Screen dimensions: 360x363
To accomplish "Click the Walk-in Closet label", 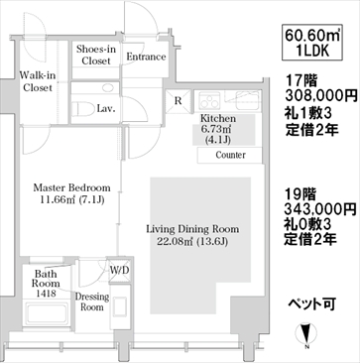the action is click(x=38, y=81).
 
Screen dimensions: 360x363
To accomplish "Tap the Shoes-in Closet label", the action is click(x=96, y=56).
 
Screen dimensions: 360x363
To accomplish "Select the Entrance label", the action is click(x=146, y=57).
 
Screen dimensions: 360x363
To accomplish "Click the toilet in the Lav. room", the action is click(x=82, y=109).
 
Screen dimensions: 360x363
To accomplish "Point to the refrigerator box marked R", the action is click(x=179, y=101).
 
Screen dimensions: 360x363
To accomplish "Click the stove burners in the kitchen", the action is click(x=210, y=101).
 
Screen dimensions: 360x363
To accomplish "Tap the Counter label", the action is click(x=230, y=155).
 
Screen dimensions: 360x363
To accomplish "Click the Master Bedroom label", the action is click(x=71, y=188).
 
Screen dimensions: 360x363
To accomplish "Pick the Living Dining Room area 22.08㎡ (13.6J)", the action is click(x=192, y=242).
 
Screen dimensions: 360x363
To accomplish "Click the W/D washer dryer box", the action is click(x=120, y=270).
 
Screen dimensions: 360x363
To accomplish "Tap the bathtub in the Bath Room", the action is click(x=47, y=312).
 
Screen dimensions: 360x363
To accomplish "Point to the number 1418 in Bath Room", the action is click(x=46, y=293).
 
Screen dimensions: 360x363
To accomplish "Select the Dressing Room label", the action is click(x=92, y=302).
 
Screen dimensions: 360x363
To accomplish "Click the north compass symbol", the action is click(x=307, y=333).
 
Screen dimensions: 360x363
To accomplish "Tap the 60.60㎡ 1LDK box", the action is click(x=312, y=42).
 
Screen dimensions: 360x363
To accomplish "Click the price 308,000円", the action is click(x=321, y=97).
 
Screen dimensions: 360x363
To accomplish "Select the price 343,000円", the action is click(x=320, y=209).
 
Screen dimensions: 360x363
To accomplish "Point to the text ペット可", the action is click(x=312, y=303).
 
